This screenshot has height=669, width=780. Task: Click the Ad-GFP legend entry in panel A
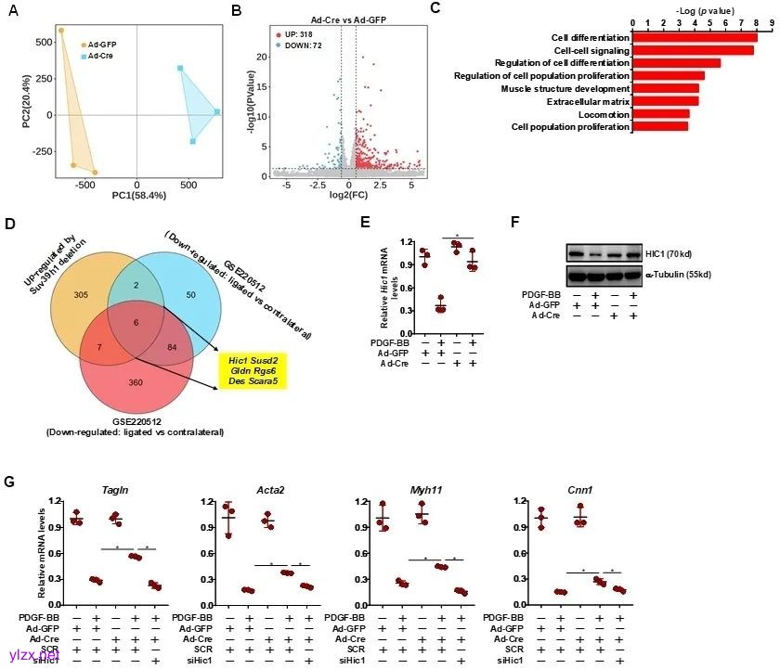click(100, 44)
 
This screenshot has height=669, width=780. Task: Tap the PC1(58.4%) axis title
click(138, 196)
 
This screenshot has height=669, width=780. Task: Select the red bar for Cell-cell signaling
click(693, 50)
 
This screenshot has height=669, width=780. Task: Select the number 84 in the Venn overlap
click(169, 347)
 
